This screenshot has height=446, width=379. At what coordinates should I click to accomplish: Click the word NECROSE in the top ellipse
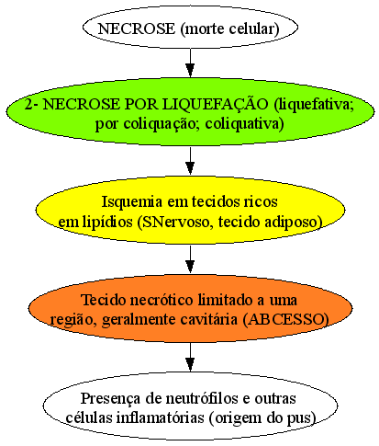136,29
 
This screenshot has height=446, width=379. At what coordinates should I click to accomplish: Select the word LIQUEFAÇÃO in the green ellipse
215,104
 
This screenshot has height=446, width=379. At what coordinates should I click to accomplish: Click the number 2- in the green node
31,105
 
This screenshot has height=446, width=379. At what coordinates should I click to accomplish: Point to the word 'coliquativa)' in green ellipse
244,124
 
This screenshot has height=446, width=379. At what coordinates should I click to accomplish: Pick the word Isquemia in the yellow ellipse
132,201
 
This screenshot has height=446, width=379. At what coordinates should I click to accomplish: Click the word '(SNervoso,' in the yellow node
175,222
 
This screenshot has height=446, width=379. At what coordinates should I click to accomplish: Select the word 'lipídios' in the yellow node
107,223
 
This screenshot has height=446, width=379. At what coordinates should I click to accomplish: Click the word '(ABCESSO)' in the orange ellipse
285,320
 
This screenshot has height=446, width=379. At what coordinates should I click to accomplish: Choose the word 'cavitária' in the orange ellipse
208,320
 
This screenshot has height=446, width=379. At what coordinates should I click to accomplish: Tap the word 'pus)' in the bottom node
304,418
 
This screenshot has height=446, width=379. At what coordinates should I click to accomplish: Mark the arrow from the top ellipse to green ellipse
190,63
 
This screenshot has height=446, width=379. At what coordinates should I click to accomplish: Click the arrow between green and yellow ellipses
190,161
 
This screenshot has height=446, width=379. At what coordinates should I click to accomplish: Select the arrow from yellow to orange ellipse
190,259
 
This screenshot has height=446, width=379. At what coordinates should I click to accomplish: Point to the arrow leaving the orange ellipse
190,357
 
